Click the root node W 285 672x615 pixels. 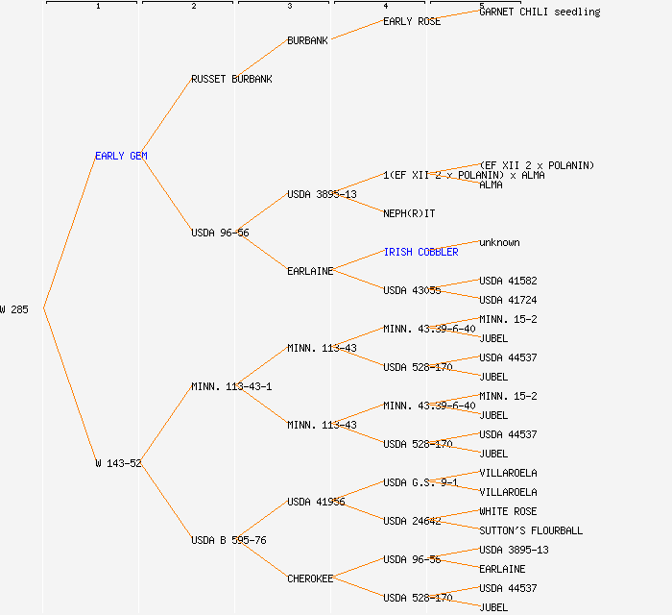pyautogui.click(x=14, y=309)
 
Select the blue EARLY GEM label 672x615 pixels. pyautogui.click(x=121, y=156)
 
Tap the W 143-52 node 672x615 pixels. pyautogui.click(x=118, y=463)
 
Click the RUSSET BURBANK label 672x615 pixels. pyautogui.click(x=231, y=79)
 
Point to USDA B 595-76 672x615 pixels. pyautogui.click(x=228, y=540)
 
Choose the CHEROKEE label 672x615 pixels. pyautogui.click(x=310, y=578)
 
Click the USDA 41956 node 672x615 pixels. pyautogui.click(x=316, y=502)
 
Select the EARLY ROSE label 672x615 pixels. pyautogui.click(x=412, y=21)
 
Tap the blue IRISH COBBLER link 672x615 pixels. pyautogui.click(x=420, y=252)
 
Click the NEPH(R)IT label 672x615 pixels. pyautogui.click(x=409, y=213)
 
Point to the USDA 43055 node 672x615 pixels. pyautogui.click(x=412, y=290)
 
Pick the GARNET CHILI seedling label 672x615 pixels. pyautogui.click(x=540, y=12)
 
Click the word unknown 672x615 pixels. pyautogui.click(x=499, y=242)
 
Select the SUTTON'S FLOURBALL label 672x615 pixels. pyautogui.click(x=531, y=530)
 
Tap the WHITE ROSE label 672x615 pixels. pyautogui.click(x=508, y=511)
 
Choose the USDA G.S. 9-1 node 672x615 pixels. pyautogui.click(x=420, y=482)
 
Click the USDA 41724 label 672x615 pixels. pyautogui.click(x=508, y=300)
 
